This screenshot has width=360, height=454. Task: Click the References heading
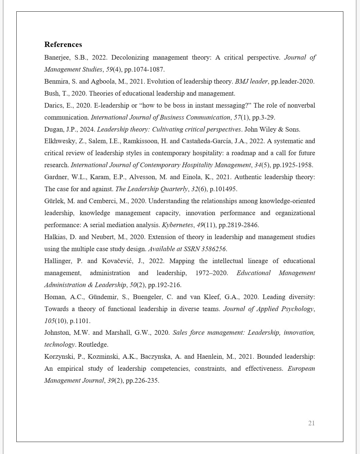[63, 45]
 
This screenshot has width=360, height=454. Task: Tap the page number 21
[311, 423]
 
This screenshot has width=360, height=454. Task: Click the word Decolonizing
[130, 58]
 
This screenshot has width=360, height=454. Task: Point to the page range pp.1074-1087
[144, 70]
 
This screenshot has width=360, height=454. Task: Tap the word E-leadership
[111, 106]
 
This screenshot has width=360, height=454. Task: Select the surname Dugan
[53, 130]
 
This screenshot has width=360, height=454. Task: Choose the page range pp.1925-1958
[293, 165]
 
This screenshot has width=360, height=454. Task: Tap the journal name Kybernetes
[177, 225]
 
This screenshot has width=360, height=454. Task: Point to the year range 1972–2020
[212, 273]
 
